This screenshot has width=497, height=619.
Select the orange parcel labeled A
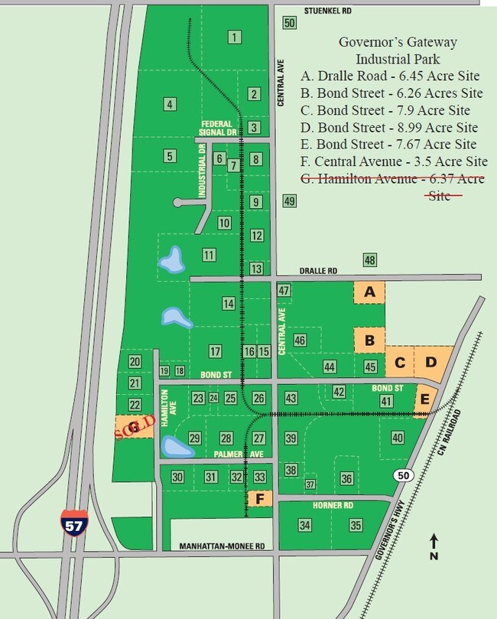point(369,292)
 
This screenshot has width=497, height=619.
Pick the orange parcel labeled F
point(260,499)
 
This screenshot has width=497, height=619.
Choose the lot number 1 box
point(235,37)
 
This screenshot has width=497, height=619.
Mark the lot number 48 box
point(370,260)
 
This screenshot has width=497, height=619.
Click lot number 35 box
point(356,526)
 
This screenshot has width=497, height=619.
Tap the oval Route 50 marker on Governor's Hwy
point(402,476)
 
